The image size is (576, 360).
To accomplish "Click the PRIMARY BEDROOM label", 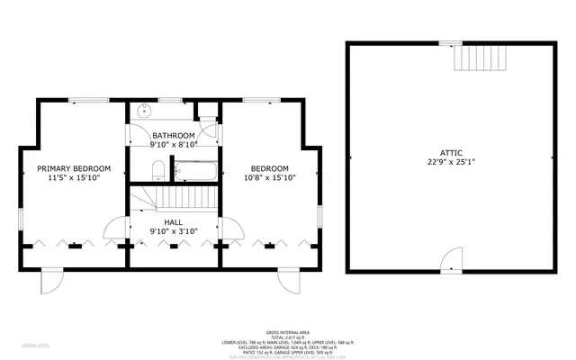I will pyautogui.click(x=74, y=168).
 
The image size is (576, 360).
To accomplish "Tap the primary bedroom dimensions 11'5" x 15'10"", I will pyautogui.click(x=74, y=178).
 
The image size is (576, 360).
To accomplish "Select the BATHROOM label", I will pyautogui.click(x=173, y=135).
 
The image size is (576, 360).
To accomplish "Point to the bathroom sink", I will pyautogui.click(x=144, y=112).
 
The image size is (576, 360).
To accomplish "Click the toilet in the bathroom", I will pyautogui.click(x=157, y=169).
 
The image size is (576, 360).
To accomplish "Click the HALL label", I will pyautogui.click(x=173, y=221).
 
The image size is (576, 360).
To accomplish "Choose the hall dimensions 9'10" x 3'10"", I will pyautogui.click(x=173, y=231).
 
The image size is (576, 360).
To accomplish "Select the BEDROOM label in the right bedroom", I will pyautogui.click(x=269, y=168).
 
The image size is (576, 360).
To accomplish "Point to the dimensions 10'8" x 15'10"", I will pyautogui.click(x=269, y=178).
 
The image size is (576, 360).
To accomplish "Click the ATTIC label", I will pyautogui.click(x=450, y=153).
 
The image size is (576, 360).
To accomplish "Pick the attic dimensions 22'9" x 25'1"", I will pyautogui.click(x=450, y=163).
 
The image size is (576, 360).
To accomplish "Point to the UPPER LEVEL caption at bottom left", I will pyautogui.click(x=35, y=344).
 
